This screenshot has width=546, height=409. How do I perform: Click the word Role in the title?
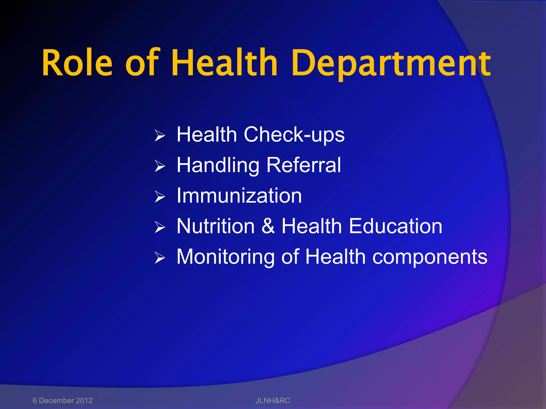coord(77,63)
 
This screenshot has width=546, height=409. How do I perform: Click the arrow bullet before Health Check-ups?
coord(160,136)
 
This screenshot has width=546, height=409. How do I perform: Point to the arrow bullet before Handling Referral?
coord(160,166)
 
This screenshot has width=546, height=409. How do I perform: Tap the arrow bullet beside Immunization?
coord(160,197)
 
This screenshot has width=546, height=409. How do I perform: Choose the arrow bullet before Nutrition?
coord(160,228)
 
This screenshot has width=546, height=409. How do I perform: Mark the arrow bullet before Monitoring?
coord(160,258)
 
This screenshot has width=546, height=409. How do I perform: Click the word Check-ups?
coord(294,135)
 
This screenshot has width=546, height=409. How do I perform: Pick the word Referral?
coord(304,165)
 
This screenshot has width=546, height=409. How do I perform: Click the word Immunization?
coord(239,196)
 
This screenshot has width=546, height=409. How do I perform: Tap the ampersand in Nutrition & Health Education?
coord(268,226)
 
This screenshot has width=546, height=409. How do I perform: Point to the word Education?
coord(396,226)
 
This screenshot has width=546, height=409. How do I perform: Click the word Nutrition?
coord(216,226)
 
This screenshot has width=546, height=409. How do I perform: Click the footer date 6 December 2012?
coord(63,400)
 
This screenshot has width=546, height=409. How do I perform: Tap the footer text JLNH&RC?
coord(273,400)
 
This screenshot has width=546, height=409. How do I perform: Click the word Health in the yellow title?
coord(224,63)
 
